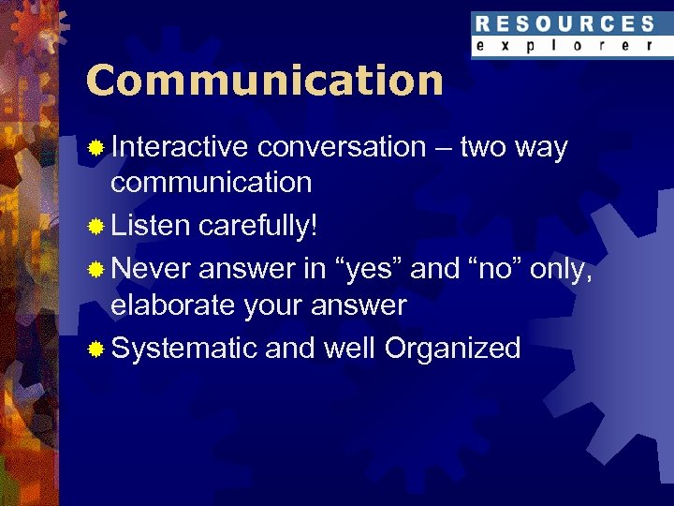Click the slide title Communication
click(264, 81)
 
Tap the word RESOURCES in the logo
click(564, 23)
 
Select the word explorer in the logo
click(564, 45)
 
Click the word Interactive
click(179, 147)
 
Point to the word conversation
click(341, 147)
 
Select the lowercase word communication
click(211, 182)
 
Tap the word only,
click(561, 269)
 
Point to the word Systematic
click(183, 349)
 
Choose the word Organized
click(452, 349)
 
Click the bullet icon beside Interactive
click(95, 148)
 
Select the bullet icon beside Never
click(95, 270)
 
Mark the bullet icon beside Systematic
click(95, 350)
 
